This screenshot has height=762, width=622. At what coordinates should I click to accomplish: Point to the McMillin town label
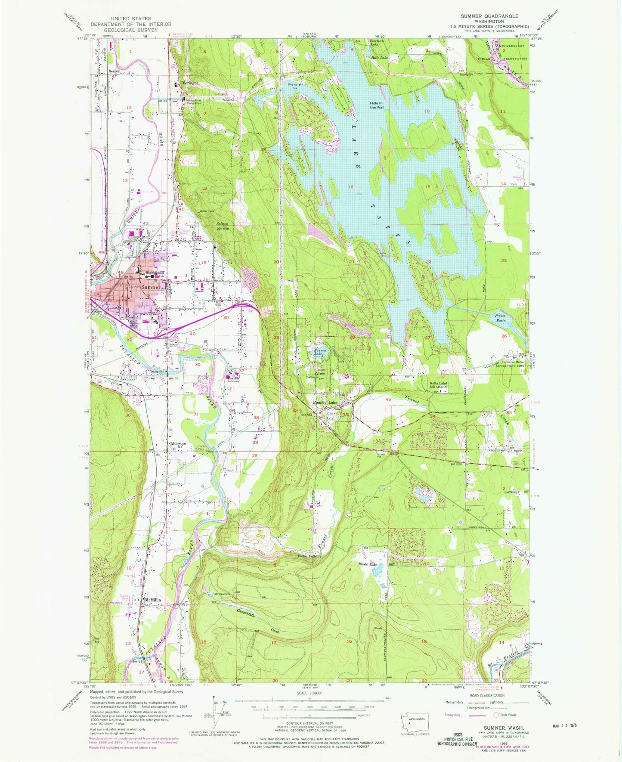click(152, 600)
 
